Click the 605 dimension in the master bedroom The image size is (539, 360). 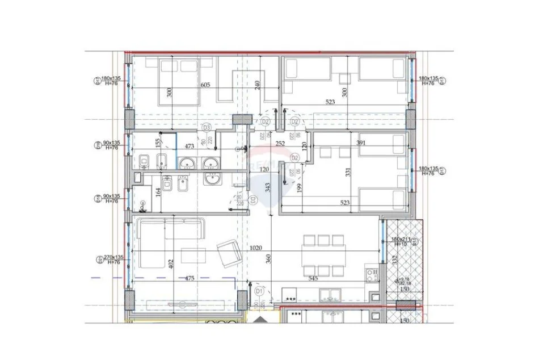pos(205,85)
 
